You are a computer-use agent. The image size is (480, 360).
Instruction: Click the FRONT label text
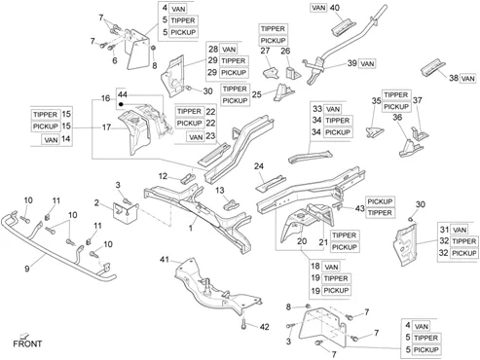pyautogui.click(x=27, y=343)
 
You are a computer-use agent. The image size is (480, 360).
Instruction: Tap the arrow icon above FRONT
pyautogui.click(x=24, y=336)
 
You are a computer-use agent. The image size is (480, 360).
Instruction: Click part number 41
pyautogui.click(x=165, y=259)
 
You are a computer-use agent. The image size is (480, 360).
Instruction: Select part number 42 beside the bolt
pyautogui.click(x=265, y=327)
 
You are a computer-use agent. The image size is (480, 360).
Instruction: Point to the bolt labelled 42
pyautogui.click(x=243, y=323)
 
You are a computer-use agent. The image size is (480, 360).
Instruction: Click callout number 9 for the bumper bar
pyautogui.click(x=27, y=269)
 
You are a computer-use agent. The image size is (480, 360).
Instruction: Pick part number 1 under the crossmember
pyautogui.click(x=191, y=228)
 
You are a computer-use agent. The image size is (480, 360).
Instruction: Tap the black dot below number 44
pyautogui.click(x=121, y=104)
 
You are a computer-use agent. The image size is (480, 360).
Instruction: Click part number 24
pyautogui.click(x=259, y=166)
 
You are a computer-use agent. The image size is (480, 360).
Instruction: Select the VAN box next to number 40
pyautogui.click(x=318, y=8)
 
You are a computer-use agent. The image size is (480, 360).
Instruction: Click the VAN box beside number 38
pyautogui.click(x=467, y=79)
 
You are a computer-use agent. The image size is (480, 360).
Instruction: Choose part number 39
pyautogui.click(x=352, y=63)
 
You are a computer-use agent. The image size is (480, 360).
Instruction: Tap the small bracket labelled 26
pyautogui.click(x=292, y=73)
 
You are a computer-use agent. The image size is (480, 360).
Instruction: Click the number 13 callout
pyautogui.click(x=220, y=190)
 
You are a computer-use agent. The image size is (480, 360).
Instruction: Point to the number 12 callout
pyautogui.click(x=163, y=176)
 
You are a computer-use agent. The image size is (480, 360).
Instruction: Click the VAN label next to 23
pyautogui.click(x=196, y=137)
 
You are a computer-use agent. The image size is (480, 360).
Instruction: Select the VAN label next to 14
pyautogui.click(x=51, y=140)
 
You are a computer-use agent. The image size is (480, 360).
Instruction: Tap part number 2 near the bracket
pyautogui.click(x=96, y=203)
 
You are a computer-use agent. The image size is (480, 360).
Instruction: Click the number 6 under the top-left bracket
pyautogui.click(x=115, y=60)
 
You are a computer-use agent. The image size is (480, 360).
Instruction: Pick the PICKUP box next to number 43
pyautogui.click(x=380, y=201)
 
